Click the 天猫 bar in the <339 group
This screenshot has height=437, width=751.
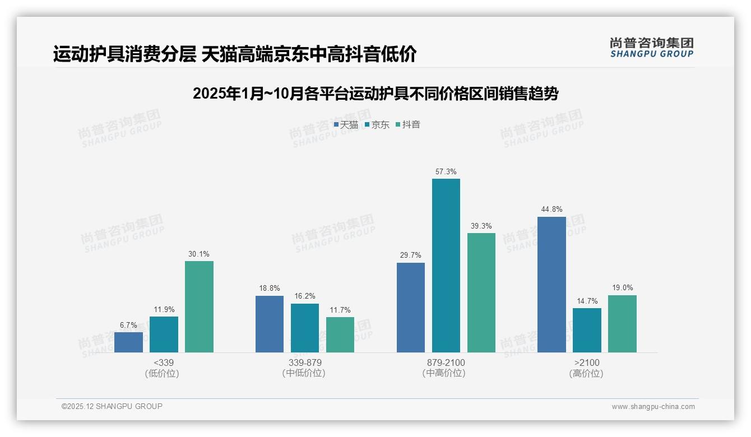click(128, 342)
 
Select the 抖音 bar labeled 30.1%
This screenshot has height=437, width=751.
click(199, 307)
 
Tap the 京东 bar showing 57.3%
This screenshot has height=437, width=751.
click(446, 266)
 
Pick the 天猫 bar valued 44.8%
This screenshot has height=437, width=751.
click(551, 285)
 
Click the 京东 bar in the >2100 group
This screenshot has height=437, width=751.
click(587, 330)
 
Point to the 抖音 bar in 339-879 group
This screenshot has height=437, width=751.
click(340, 334)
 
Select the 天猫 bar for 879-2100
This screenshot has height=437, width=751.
click(411, 308)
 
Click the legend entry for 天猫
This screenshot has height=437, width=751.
click(346, 125)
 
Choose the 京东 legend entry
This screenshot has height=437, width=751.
click(377, 125)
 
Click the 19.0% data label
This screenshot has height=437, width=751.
click(622, 288)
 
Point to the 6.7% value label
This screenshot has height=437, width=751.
click(128, 325)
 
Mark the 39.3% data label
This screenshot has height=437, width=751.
click(481, 226)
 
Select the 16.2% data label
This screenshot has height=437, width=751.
click(305, 296)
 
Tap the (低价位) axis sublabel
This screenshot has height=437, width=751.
click(162, 374)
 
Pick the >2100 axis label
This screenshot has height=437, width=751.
click(587, 362)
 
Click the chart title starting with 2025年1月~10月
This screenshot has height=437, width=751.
click(375, 94)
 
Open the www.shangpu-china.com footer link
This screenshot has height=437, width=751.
click(653, 407)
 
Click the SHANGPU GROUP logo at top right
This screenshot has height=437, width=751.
click(651, 48)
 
